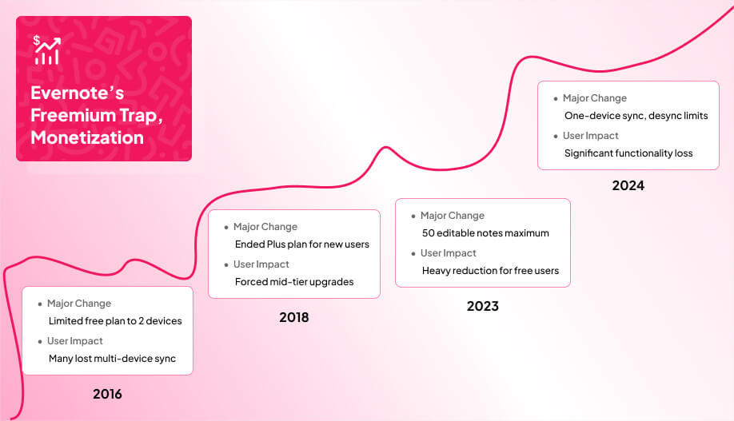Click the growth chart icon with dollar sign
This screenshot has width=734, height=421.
(x=46, y=50)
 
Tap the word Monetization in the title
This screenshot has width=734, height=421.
(x=87, y=137)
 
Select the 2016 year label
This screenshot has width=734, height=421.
(x=107, y=394)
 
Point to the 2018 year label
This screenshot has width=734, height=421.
(x=293, y=318)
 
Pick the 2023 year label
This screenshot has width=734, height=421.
(x=482, y=306)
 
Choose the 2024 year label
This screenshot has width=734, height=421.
(x=628, y=186)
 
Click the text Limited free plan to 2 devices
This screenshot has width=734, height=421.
(x=115, y=321)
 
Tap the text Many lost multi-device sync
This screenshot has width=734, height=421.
(x=112, y=359)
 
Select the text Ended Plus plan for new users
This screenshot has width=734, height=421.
(x=302, y=244)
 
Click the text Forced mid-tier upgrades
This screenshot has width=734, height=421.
(x=294, y=282)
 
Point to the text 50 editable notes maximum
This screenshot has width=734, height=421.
(x=485, y=233)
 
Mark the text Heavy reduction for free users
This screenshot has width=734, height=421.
(x=490, y=271)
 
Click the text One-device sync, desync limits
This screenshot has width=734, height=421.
(x=636, y=116)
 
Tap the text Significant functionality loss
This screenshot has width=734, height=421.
(x=628, y=153)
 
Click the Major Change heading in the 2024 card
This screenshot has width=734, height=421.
(x=594, y=98)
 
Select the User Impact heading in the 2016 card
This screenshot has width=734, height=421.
(x=75, y=341)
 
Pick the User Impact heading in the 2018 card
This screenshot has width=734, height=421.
(x=261, y=264)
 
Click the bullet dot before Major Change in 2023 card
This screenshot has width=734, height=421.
(x=413, y=216)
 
